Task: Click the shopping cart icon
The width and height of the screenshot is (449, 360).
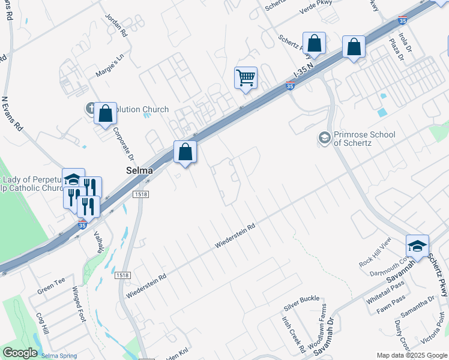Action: [246, 77]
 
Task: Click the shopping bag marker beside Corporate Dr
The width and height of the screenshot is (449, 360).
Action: [105, 113]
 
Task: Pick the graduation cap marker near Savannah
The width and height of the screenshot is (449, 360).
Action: [417, 246]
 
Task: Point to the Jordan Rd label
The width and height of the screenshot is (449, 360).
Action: [116, 24]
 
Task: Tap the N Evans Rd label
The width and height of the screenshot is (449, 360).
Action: [12, 114]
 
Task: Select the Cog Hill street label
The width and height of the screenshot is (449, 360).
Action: [43, 324]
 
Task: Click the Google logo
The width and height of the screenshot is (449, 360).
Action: [20, 353]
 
